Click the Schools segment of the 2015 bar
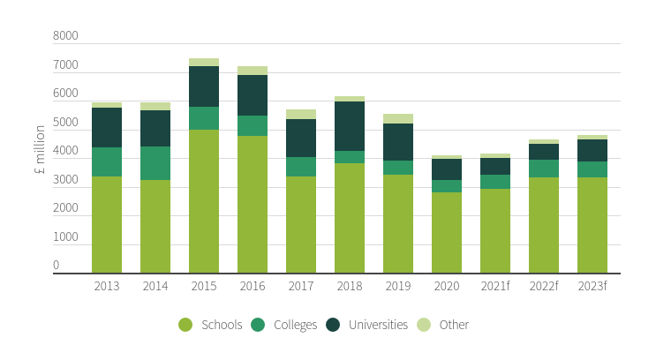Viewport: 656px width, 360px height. (204, 201)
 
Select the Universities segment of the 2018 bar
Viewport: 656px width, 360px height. (350, 126)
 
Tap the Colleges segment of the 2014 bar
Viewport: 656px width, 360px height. (155, 163)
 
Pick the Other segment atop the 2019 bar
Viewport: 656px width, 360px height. (398, 119)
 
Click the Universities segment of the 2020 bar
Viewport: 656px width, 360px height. (447, 169)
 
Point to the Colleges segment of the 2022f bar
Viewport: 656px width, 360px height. (544, 169)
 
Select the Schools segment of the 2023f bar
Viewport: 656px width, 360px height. (592, 225)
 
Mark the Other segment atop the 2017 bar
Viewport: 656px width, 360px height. (301, 115)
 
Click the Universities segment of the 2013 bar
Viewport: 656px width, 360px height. (107, 128)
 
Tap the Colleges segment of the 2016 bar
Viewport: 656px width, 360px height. (253, 126)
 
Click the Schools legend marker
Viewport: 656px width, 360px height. (185, 325)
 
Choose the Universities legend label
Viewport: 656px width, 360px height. (378, 325)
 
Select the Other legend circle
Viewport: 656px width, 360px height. (424, 325)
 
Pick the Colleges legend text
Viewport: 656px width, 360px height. (296, 326)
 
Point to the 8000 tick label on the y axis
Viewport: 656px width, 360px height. (65, 36)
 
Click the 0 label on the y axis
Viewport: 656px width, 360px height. (56, 265)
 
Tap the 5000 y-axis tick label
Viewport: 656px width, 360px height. (65, 122)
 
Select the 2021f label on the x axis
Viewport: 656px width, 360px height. (495, 286)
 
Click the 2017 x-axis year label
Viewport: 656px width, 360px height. (301, 286)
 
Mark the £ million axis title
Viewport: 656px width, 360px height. (40, 149)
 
